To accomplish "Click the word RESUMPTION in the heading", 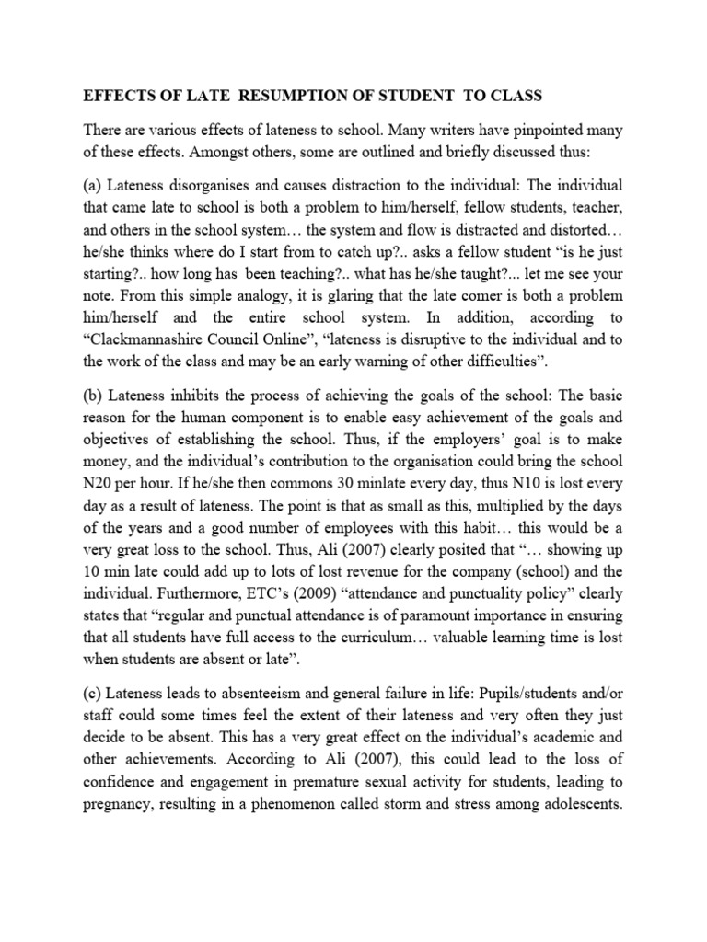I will (269, 96).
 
